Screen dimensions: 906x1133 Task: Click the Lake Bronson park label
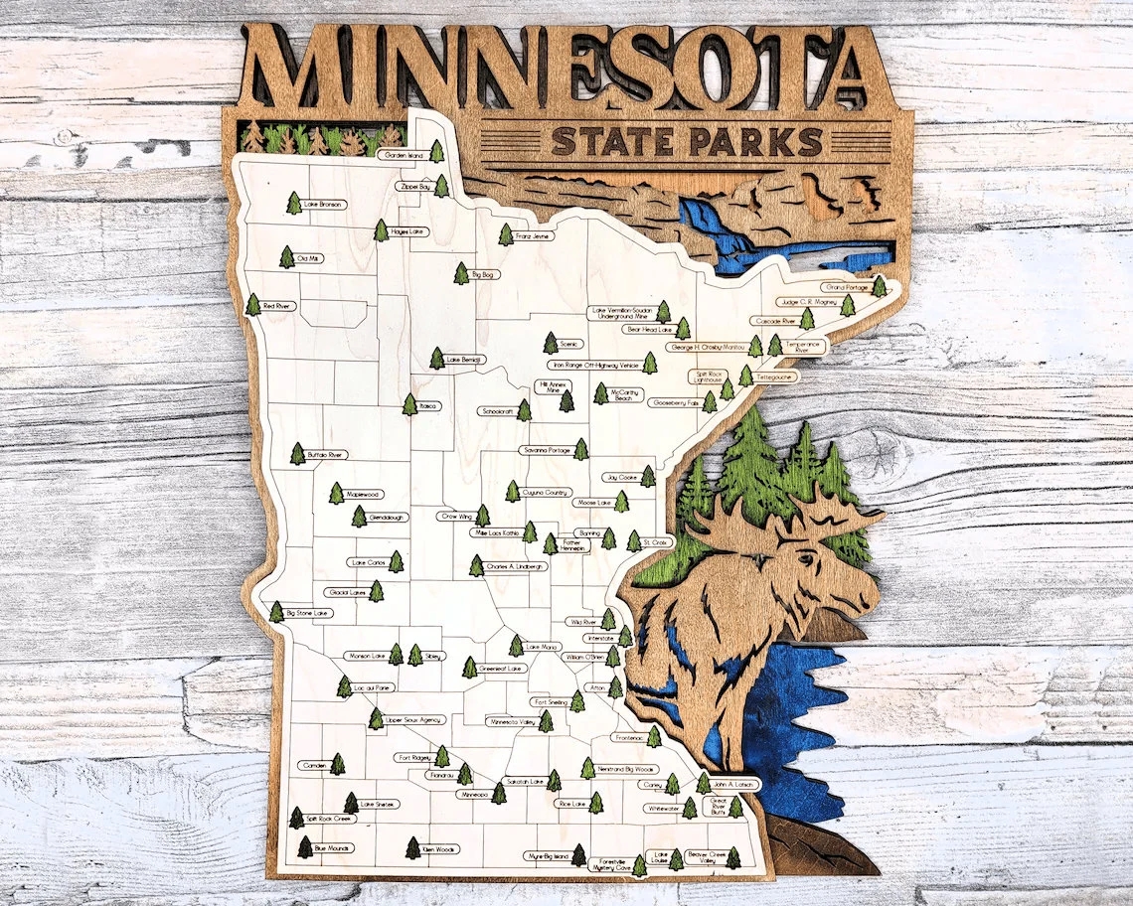[325, 205]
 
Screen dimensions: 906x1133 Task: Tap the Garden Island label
[404, 155]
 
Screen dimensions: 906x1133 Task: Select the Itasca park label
[429, 406]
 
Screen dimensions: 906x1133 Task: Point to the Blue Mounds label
[333, 848]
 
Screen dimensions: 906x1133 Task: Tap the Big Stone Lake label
[308, 614]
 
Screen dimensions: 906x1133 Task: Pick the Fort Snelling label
[549, 702]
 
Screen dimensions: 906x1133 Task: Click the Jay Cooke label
[620, 478]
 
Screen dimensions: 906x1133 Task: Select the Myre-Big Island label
[548, 855]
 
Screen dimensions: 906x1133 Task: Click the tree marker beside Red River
[253, 305]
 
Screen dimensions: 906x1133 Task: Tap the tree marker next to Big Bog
[461, 273]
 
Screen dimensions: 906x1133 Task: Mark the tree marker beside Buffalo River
[297, 454]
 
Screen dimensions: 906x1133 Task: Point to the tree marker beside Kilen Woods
[413, 847]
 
